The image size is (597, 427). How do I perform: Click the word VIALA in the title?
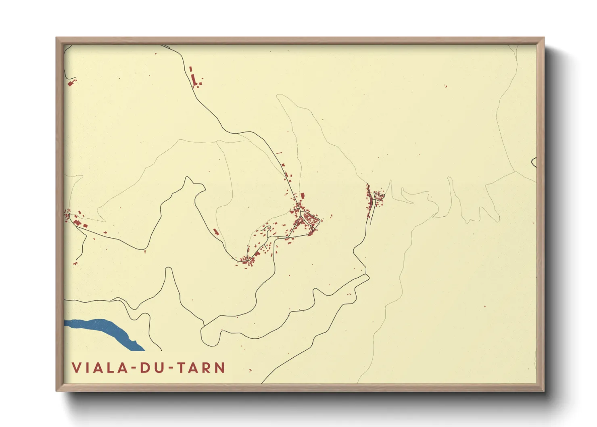click(x=97, y=368)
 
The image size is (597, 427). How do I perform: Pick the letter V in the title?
click(x=76, y=368)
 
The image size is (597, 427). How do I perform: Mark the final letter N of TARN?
click(x=220, y=368)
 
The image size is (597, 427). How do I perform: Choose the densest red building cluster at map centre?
click(x=307, y=218)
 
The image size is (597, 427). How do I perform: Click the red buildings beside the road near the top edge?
click(x=195, y=79)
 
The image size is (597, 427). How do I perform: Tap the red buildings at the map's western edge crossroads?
click(x=75, y=218)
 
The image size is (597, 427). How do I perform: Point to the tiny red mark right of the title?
click(x=250, y=370)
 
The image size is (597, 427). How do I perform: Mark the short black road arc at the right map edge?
click(x=534, y=162)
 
